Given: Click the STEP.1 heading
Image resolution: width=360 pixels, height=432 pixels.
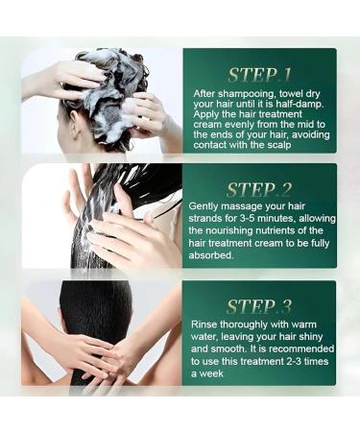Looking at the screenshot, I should click(259, 73).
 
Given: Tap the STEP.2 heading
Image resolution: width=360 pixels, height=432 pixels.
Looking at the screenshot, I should click(259, 189).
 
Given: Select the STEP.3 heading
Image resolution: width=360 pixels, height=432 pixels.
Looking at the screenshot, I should click(259, 306).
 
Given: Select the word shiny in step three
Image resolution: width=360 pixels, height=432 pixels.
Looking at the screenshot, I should click(310, 338).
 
